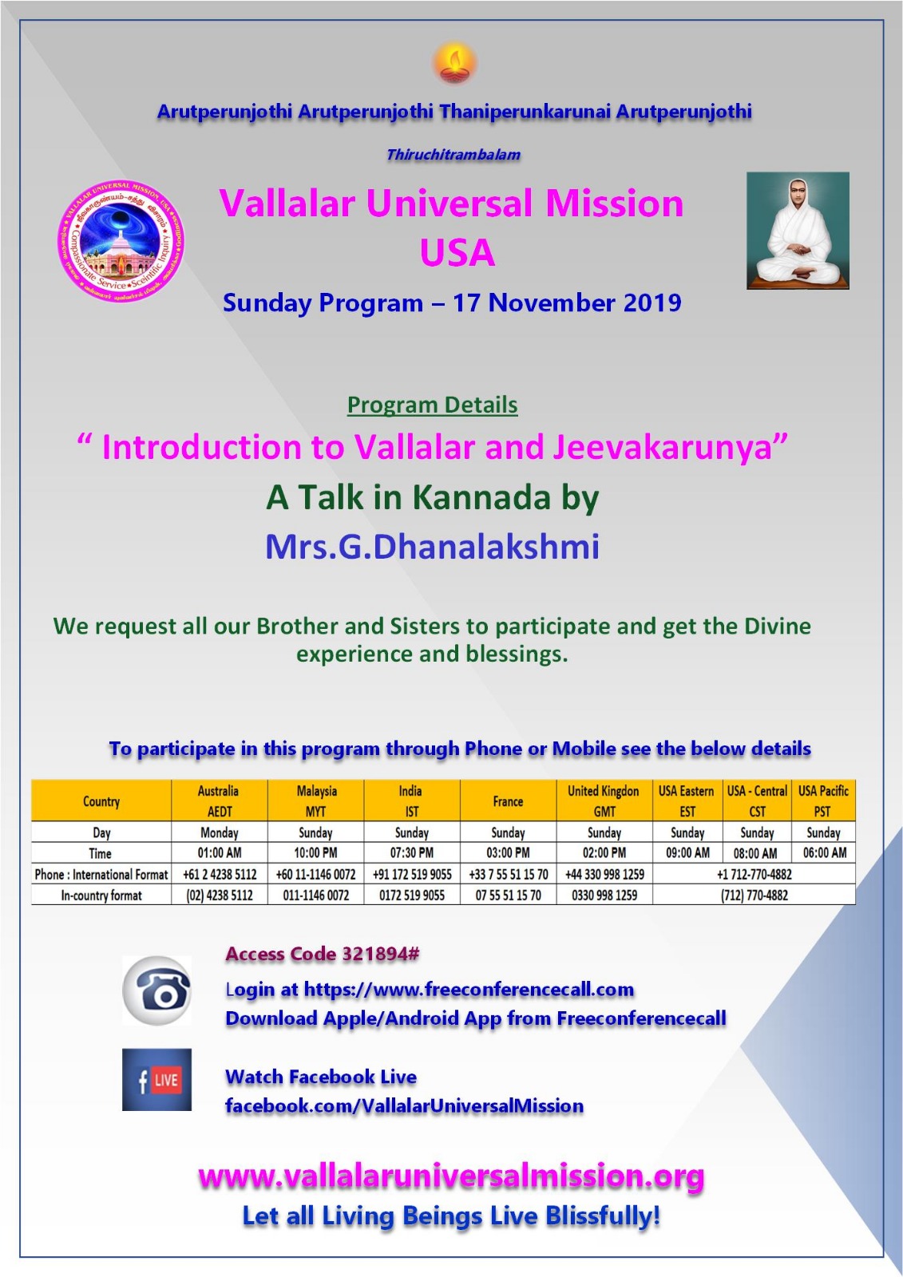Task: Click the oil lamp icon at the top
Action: (x=454, y=63)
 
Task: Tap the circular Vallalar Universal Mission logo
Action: (x=121, y=240)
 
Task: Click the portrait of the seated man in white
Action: (x=798, y=230)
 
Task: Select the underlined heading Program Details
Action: (x=432, y=405)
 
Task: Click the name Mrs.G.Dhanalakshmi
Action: (x=432, y=547)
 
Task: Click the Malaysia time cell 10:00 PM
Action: (x=315, y=852)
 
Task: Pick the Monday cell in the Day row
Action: (x=220, y=832)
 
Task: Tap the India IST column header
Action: (x=411, y=801)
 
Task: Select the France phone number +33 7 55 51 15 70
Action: (x=508, y=874)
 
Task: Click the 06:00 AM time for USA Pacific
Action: (x=824, y=852)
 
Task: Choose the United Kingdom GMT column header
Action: (x=604, y=801)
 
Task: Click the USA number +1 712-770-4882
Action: (x=754, y=874)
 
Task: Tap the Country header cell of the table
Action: (x=101, y=801)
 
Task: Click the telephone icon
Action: (x=156, y=990)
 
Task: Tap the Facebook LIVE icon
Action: (x=156, y=1080)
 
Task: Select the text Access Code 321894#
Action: (x=322, y=954)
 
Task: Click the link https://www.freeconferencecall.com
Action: (x=469, y=990)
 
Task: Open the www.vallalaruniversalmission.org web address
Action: (x=451, y=1176)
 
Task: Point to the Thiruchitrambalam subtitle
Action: (x=453, y=155)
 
